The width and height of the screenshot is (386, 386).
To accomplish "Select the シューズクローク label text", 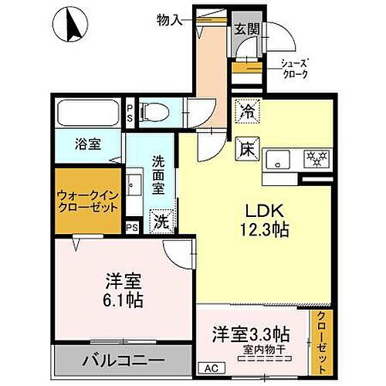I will click(x=293, y=69).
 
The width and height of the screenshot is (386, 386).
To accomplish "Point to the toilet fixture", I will click(x=157, y=113).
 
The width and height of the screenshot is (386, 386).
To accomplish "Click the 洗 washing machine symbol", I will click(x=161, y=221).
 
